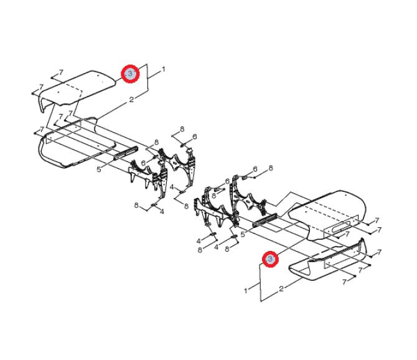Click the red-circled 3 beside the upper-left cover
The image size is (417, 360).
[130, 73]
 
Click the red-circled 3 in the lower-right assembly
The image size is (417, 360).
[270, 259]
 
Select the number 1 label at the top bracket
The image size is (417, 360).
[163, 69]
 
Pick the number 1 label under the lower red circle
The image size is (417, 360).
[246, 290]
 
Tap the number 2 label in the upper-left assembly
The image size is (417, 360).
[131, 100]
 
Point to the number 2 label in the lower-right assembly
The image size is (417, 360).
[281, 289]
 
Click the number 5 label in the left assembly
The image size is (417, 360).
[99, 169]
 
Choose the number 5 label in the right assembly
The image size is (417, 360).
[242, 235]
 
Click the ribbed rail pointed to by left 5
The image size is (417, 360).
[126, 153]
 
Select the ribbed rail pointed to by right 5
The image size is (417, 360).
[265, 220]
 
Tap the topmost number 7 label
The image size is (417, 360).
[62, 72]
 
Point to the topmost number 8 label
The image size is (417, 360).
[182, 130]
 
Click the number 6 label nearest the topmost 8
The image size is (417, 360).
[195, 137]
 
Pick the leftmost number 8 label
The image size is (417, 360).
[136, 206]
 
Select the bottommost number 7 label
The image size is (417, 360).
[345, 282]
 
